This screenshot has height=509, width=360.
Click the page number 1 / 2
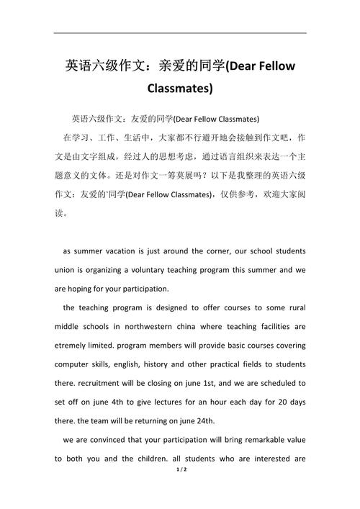click(179, 490)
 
